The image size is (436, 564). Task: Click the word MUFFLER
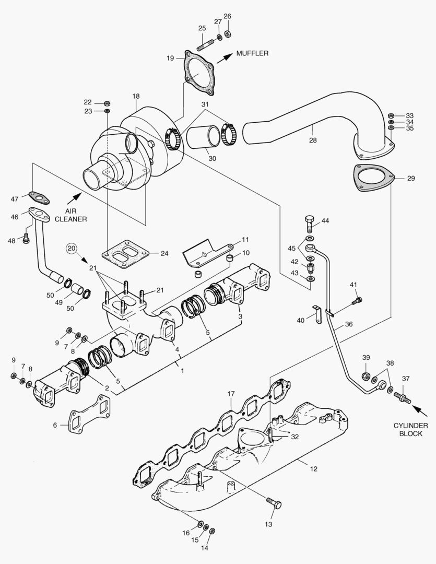coord(252,53)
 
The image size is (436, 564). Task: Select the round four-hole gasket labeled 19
coord(198,73)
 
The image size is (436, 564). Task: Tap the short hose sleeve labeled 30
coord(202,137)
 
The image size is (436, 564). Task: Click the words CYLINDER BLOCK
coord(410,429)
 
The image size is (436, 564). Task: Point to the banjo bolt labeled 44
coord(308,225)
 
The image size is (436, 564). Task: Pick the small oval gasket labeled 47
coord(39,197)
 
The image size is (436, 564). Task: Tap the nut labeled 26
coord(228,34)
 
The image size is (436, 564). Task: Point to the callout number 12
coord(313,469)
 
